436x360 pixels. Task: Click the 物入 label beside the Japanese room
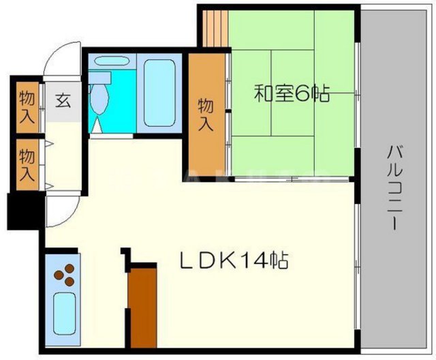point(206,115)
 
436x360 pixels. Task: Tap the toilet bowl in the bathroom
point(99,100)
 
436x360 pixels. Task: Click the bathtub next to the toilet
point(160,92)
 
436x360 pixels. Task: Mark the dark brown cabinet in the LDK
point(142,307)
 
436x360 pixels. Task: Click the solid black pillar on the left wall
point(16,211)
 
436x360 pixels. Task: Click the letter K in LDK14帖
point(228,260)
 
